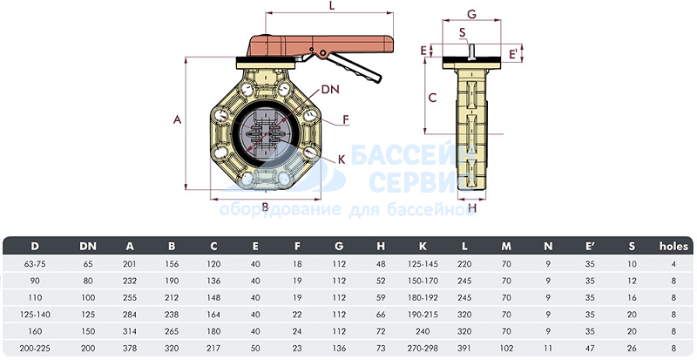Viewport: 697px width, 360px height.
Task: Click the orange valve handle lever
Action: (x=320, y=46)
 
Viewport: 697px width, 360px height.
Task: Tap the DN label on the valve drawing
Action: (x=330, y=90)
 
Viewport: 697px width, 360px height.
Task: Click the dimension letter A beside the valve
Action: (x=178, y=119)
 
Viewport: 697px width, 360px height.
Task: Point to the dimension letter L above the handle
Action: (x=332, y=6)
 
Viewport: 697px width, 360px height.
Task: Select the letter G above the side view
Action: (x=471, y=14)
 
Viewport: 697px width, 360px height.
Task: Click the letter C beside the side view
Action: (x=432, y=97)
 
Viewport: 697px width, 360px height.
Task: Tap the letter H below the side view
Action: (x=472, y=207)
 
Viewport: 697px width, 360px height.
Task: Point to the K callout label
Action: (x=342, y=160)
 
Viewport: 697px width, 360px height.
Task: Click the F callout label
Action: (x=345, y=119)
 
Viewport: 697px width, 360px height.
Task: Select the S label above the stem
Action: (x=463, y=32)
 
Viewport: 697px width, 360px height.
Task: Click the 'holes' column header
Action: (x=673, y=246)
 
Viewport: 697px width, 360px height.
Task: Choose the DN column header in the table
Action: (x=88, y=247)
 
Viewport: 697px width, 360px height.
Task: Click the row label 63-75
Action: (x=35, y=264)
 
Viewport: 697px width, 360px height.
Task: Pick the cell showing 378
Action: (x=130, y=348)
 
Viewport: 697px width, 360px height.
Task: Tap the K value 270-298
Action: (x=423, y=348)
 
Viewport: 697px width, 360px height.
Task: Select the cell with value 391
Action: (x=464, y=348)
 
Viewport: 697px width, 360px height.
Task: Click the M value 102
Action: (x=506, y=348)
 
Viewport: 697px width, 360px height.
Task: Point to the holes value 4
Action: (x=673, y=264)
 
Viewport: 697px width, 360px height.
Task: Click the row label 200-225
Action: (x=35, y=348)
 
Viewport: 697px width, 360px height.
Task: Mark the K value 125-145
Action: (x=423, y=264)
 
